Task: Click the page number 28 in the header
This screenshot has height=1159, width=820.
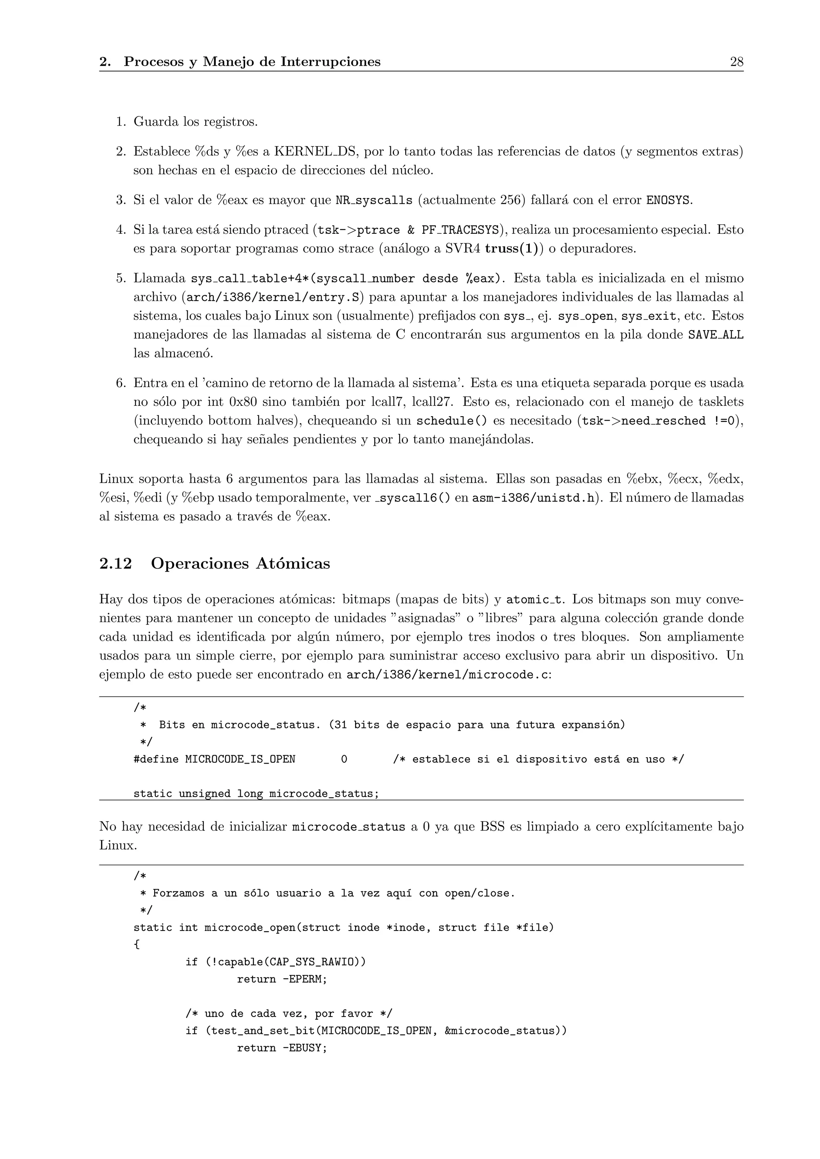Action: (x=736, y=62)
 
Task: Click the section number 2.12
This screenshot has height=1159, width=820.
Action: (x=116, y=563)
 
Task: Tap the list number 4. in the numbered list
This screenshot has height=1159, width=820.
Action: (x=121, y=230)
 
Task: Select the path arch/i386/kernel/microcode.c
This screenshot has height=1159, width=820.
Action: (x=446, y=675)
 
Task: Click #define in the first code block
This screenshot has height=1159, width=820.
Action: (x=156, y=759)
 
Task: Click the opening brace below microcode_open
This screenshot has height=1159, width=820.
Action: (x=136, y=944)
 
